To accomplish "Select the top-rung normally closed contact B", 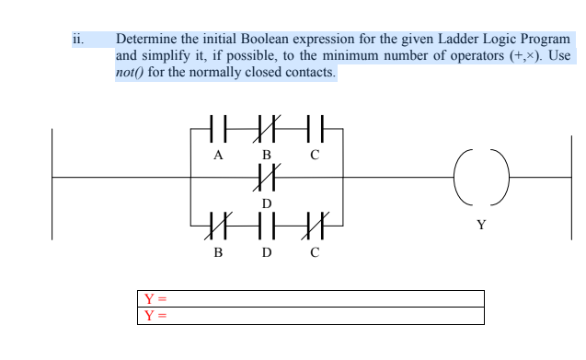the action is (x=265, y=126).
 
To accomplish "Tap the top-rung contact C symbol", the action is (x=314, y=126).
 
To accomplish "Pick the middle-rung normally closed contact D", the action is (x=265, y=176).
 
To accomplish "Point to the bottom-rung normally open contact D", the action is (x=265, y=224).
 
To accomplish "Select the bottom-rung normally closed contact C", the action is (x=314, y=224).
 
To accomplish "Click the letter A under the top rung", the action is (x=217, y=154).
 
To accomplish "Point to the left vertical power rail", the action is (x=52, y=184).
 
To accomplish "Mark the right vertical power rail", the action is (x=570, y=184).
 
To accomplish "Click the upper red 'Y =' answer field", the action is (x=313, y=298).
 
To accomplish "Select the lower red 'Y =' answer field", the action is (x=313, y=316).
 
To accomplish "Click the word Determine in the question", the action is (x=146, y=40).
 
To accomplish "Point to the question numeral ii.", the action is (x=77, y=40).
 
